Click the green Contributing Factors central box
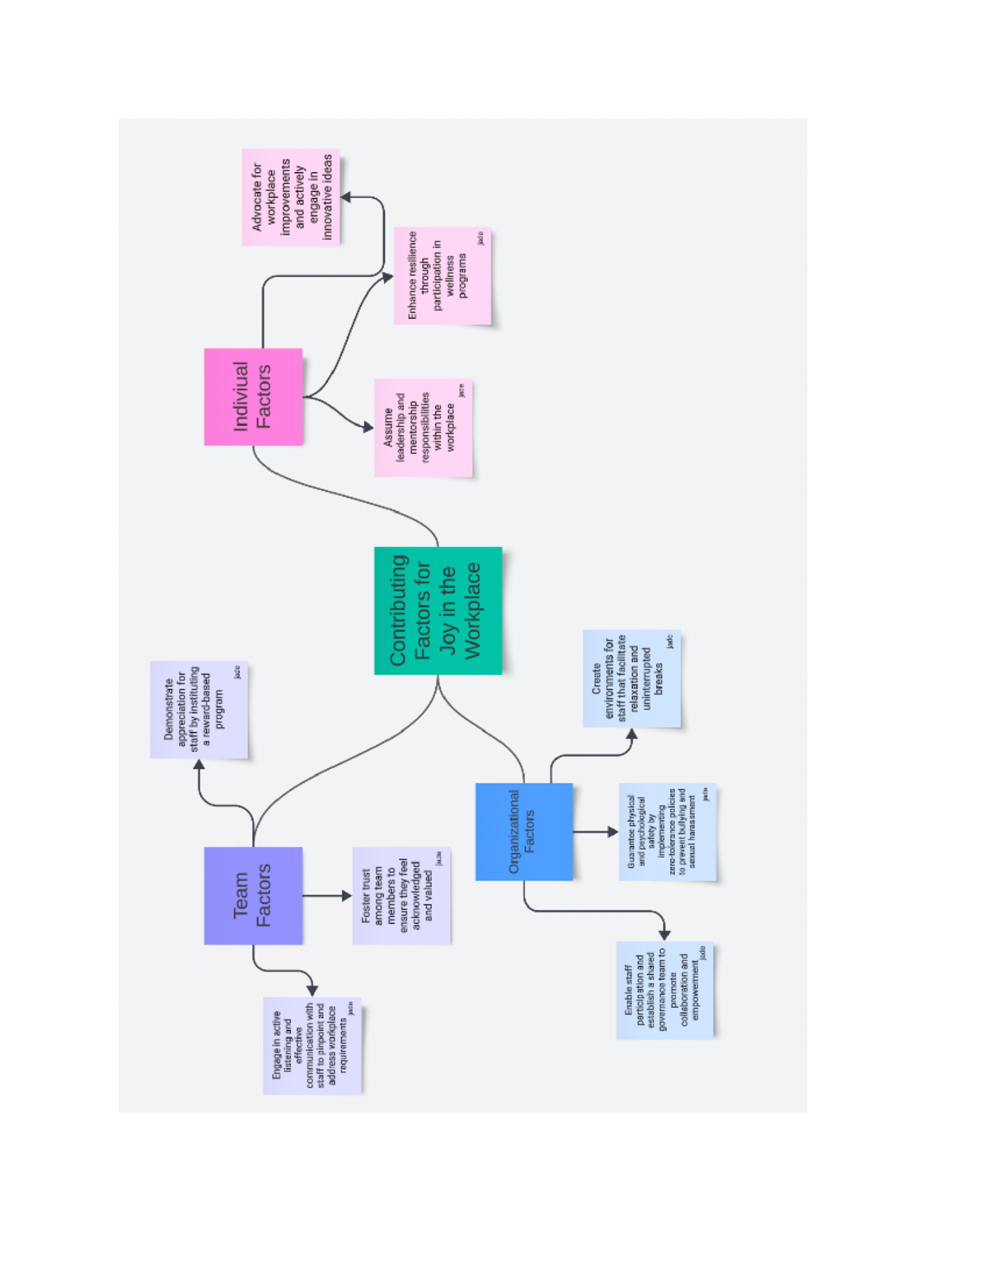click(438, 610)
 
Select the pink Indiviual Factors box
click(253, 396)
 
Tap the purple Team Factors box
click(253, 895)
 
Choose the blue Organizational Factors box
click(523, 831)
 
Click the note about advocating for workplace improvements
click(291, 197)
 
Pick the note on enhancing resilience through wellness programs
click(442, 275)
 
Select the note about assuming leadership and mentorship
click(423, 427)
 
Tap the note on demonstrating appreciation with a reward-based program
click(199, 709)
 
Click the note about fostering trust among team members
click(401, 895)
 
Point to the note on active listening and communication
click(312, 1045)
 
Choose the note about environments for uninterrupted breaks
click(631, 678)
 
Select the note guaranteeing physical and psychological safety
click(667, 831)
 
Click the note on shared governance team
click(664, 989)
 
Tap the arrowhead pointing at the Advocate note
click(347, 197)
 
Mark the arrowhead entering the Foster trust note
click(346, 895)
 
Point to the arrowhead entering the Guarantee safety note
click(612, 832)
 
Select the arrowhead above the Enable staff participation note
click(664, 935)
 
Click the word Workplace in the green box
click(472, 610)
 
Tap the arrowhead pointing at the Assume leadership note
click(368, 427)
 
